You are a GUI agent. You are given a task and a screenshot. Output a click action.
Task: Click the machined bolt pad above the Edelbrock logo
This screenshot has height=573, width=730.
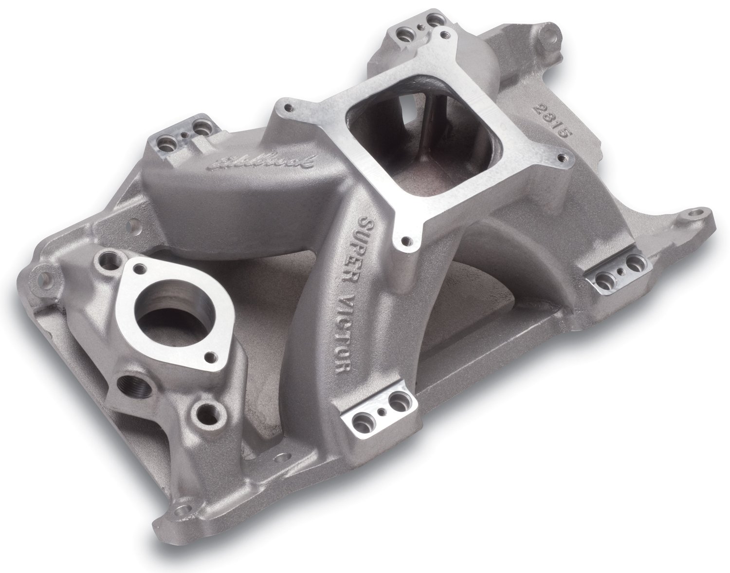191,128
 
